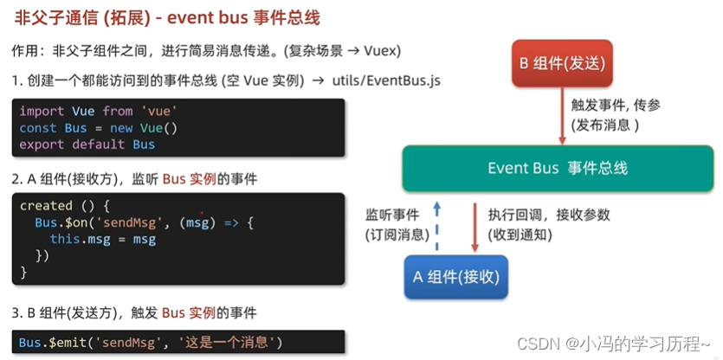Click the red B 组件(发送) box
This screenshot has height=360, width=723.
(x=561, y=63)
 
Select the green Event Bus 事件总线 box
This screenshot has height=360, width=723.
(x=558, y=168)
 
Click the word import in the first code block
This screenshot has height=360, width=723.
(x=41, y=112)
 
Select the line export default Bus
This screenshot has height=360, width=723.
(x=87, y=145)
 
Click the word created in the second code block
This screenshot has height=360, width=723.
(x=46, y=206)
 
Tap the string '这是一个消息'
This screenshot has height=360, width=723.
(x=229, y=342)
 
